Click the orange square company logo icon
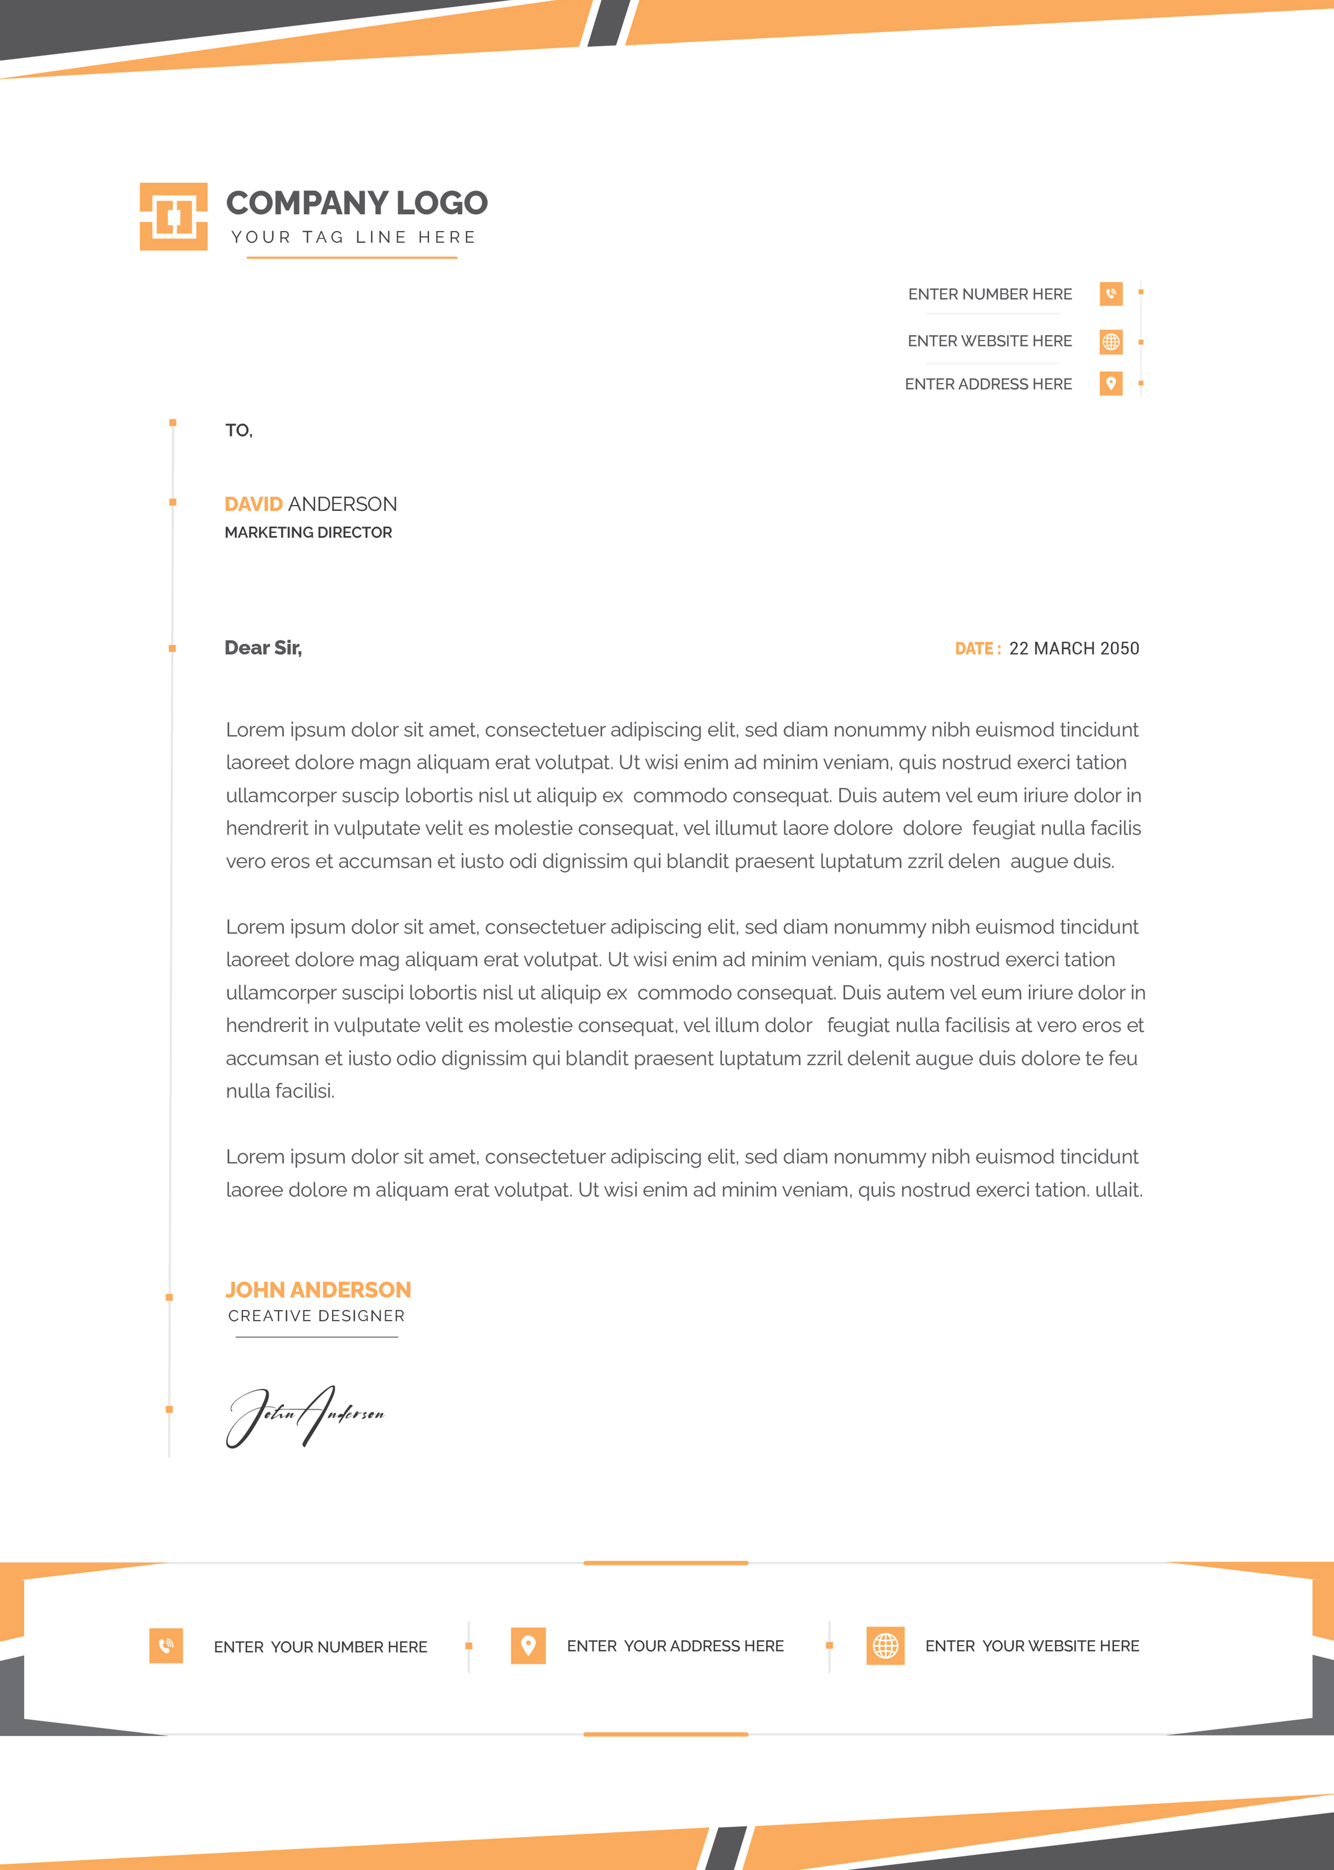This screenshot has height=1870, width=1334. click(x=173, y=216)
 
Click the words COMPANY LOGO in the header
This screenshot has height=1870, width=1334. click(x=356, y=203)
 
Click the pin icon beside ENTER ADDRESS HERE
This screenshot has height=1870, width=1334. click(x=1111, y=384)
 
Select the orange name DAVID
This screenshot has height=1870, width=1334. click(x=253, y=503)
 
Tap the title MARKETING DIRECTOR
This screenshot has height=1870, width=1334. click(x=308, y=532)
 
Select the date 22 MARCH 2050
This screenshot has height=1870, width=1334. click(x=1074, y=648)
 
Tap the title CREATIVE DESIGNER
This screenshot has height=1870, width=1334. click(x=316, y=1315)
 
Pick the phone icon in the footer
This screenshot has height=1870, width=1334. click(x=166, y=1646)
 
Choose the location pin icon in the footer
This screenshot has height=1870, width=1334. click(x=528, y=1646)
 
